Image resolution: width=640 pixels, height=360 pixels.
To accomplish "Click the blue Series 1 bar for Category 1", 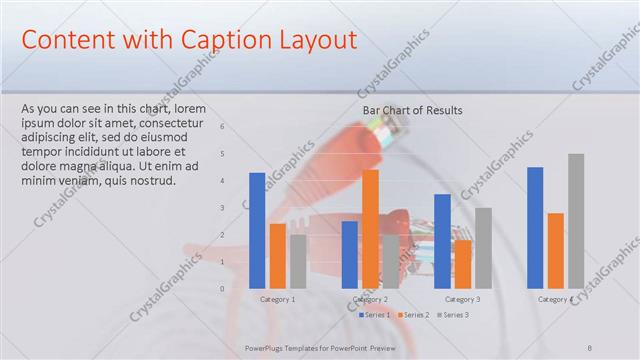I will (257, 231).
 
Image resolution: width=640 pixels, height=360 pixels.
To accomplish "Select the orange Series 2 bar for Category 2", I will (370, 229).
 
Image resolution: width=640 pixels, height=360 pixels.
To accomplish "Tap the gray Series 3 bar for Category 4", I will (576, 221).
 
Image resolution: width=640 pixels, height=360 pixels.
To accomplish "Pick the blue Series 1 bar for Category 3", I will (442, 241).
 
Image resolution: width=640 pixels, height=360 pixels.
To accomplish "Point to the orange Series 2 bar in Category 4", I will (555, 251).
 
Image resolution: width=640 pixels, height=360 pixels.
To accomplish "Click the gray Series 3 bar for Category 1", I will (298, 262).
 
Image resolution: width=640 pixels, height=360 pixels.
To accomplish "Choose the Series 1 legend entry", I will (375, 315).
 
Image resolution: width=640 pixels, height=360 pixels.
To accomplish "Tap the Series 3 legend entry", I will (452, 315).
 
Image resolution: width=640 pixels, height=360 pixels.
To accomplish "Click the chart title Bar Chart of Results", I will (412, 110).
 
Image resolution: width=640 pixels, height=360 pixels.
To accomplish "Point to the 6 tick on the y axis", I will (222, 127).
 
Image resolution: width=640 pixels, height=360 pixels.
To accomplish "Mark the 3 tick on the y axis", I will (222, 208).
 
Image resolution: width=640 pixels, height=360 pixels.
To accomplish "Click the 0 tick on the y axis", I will (222, 289).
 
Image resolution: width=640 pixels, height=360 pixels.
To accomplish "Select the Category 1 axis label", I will (277, 299).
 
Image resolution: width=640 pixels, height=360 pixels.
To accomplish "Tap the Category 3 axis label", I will (462, 299).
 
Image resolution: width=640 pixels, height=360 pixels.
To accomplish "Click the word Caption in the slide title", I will (220, 40).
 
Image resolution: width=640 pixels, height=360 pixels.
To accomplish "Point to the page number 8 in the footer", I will (590, 348).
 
